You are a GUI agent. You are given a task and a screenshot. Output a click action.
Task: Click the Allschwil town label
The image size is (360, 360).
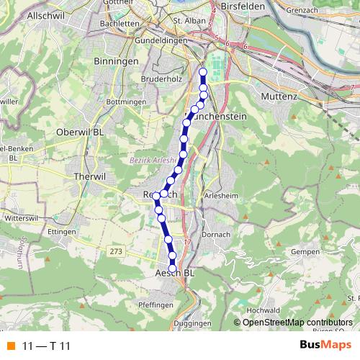(x=26, y=14)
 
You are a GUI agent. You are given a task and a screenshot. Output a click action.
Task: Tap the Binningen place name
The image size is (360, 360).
(x=116, y=63)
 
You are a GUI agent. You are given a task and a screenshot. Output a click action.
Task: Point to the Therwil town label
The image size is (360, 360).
(x=90, y=175)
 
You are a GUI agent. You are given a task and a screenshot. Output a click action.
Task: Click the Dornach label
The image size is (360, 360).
(x=215, y=235)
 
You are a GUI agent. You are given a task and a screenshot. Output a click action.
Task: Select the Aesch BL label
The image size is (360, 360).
(x=175, y=274)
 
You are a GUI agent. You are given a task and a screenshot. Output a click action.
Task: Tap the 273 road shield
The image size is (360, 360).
(x=116, y=251)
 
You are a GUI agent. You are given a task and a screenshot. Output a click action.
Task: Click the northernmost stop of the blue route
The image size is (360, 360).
(x=202, y=72)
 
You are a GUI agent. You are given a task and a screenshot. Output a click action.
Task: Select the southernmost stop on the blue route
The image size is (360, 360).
(x=172, y=268)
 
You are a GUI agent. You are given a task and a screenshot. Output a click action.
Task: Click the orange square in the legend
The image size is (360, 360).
(x=9, y=346)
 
